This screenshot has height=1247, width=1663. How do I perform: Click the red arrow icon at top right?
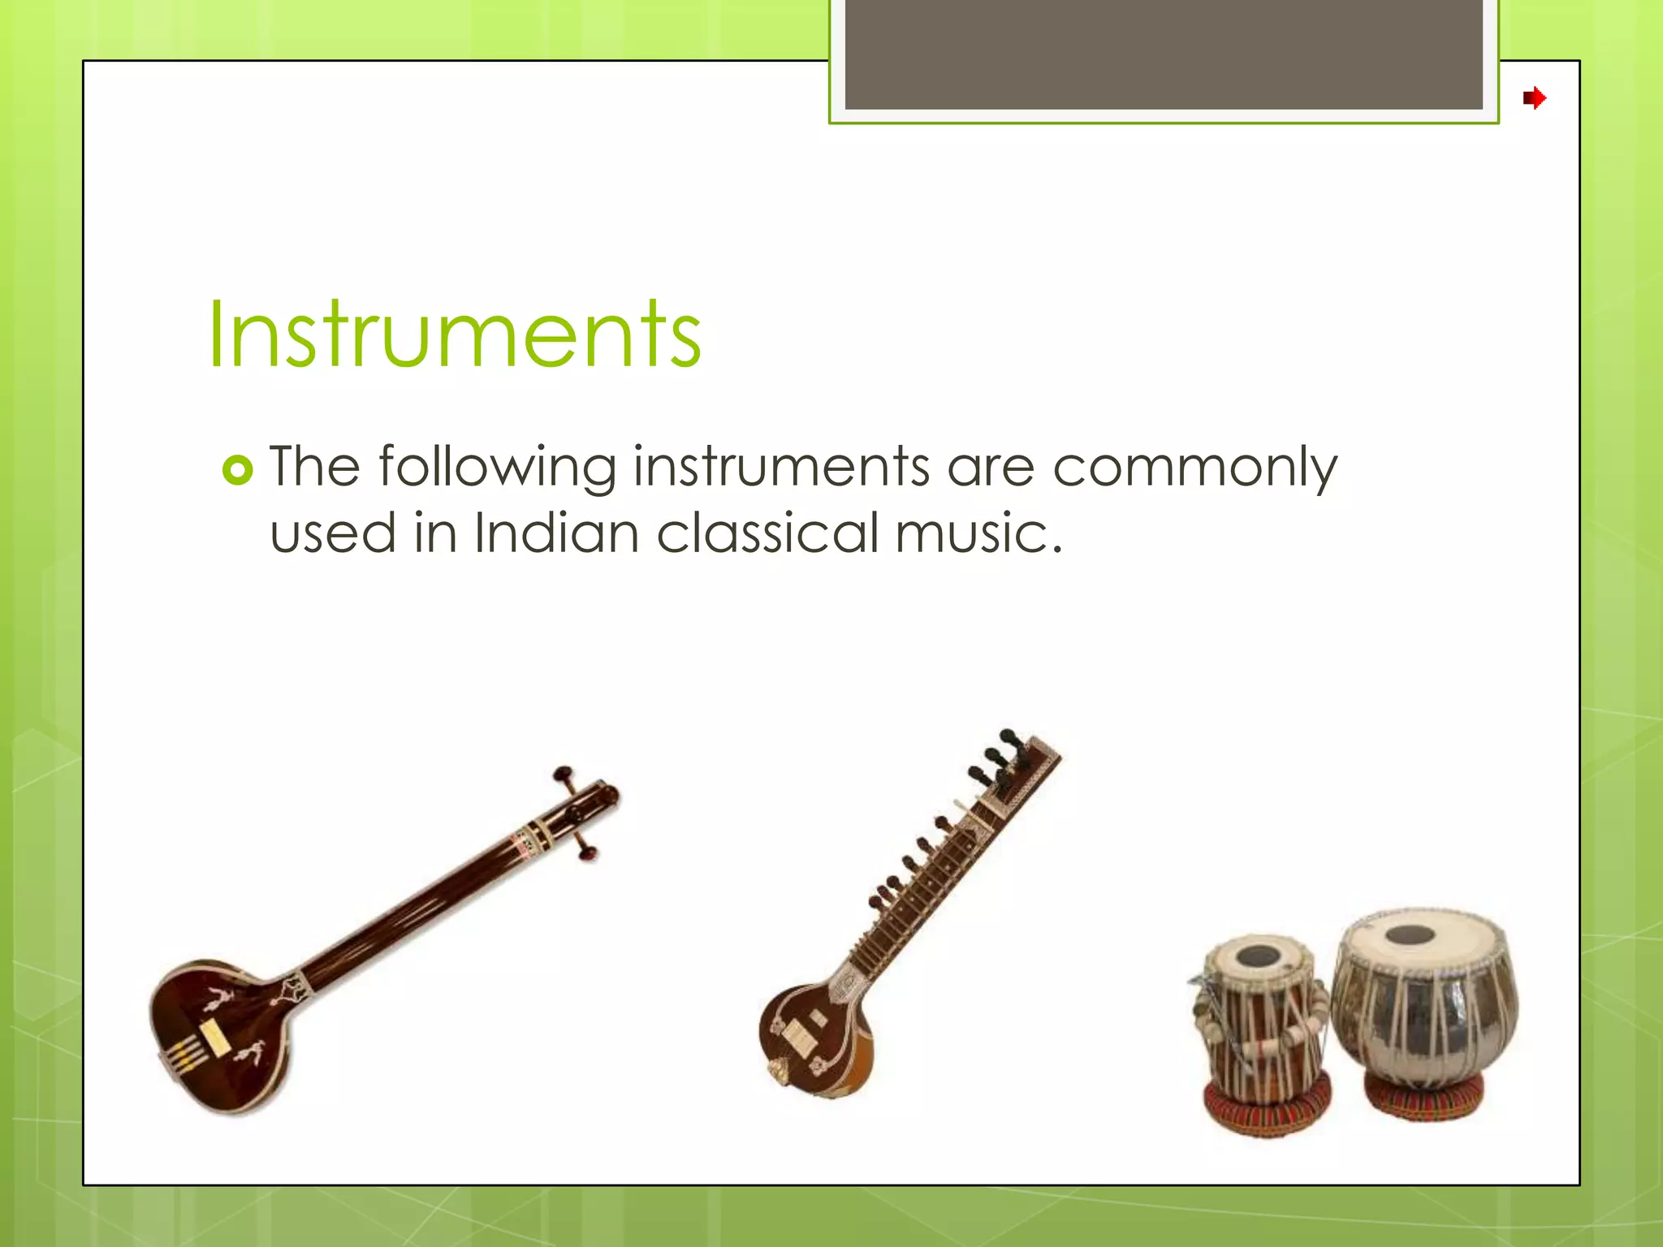[1534, 99]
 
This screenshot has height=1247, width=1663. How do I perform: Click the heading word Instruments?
[455, 334]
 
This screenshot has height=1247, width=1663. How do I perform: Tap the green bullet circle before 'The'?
[237, 470]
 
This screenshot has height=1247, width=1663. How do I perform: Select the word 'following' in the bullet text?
[497, 468]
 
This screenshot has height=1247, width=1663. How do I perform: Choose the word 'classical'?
[768, 533]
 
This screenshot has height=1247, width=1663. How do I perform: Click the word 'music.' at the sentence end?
[978, 533]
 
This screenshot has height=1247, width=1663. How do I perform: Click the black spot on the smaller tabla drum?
[1258, 955]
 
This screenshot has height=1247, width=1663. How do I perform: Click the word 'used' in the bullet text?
[333, 533]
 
